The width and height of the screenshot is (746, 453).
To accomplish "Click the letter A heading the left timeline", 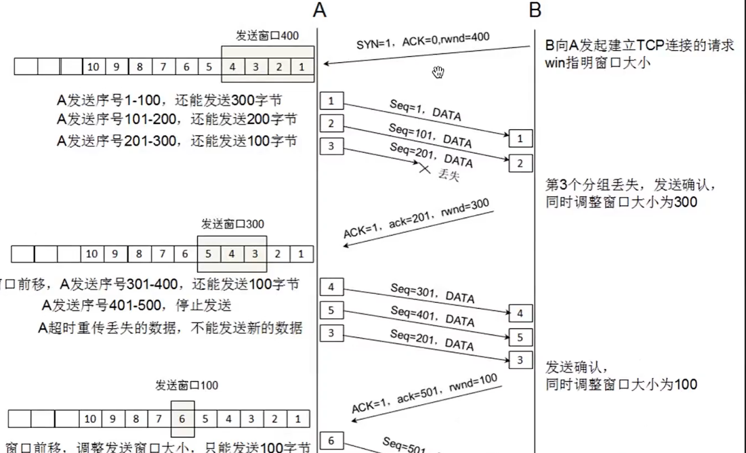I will (x=320, y=10).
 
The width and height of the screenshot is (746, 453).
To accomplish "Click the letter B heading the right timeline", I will (x=535, y=10).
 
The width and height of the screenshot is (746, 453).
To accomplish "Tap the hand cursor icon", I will (x=439, y=72).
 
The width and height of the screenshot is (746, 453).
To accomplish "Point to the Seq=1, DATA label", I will (x=426, y=111).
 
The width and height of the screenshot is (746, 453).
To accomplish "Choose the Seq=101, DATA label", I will (x=430, y=136).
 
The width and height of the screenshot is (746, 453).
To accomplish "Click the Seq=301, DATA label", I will (x=432, y=293).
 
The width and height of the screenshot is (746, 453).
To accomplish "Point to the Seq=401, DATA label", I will (x=432, y=315).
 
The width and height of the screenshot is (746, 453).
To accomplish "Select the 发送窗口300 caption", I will (x=232, y=224).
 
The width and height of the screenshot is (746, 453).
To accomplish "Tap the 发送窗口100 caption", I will (x=186, y=386).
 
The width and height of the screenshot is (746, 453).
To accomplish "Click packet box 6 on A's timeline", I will (x=331, y=441).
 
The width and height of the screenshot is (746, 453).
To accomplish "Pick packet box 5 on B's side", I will (x=520, y=337).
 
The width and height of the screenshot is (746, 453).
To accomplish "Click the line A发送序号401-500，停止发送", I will (x=137, y=305).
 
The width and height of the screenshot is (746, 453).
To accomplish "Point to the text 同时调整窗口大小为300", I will (x=621, y=202).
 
